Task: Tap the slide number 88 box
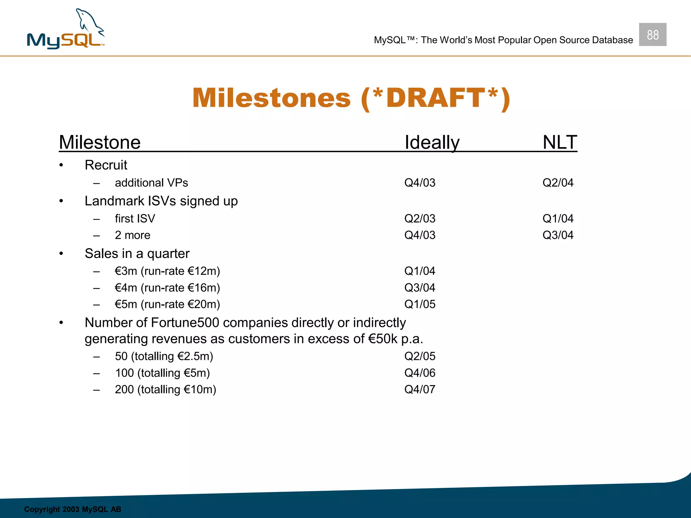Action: tap(653, 35)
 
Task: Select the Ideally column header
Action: tap(432, 142)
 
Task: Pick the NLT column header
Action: tap(560, 142)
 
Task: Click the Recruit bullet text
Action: tap(106, 165)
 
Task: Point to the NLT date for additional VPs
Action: tap(558, 183)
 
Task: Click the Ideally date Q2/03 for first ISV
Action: tap(420, 219)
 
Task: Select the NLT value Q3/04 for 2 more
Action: tap(558, 235)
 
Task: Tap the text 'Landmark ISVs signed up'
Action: tap(161, 201)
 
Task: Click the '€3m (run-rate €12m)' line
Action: tap(167, 271)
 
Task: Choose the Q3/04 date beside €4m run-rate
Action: tap(420, 288)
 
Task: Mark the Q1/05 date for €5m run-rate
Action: tap(420, 304)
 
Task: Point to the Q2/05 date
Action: tap(420, 356)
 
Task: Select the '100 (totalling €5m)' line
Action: tap(162, 373)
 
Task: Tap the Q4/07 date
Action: tap(420, 390)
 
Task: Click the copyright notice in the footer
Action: tap(73, 509)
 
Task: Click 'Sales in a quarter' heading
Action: tap(137, 254)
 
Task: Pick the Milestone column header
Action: tap(100, 142)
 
